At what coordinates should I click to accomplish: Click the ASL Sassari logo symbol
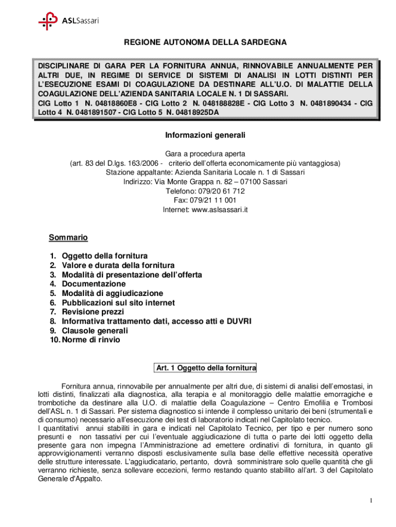click(x=48, y=21)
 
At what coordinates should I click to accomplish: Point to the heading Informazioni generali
click(x=205, y=135)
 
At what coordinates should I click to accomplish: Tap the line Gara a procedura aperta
click(x=205, y=154)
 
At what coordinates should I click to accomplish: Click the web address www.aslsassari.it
click(x=220, y=209)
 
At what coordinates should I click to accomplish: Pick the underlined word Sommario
click(x=68, y=238)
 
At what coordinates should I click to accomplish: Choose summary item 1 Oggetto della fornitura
click(x=104, y=256)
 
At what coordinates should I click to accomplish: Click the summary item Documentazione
click(x=94, y=284)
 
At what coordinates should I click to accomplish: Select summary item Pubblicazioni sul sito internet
click(x=118, y=303)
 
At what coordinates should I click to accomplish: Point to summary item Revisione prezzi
click(x=93, y=312)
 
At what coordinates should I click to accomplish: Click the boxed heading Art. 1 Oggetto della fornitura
click(x=205, y=368)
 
